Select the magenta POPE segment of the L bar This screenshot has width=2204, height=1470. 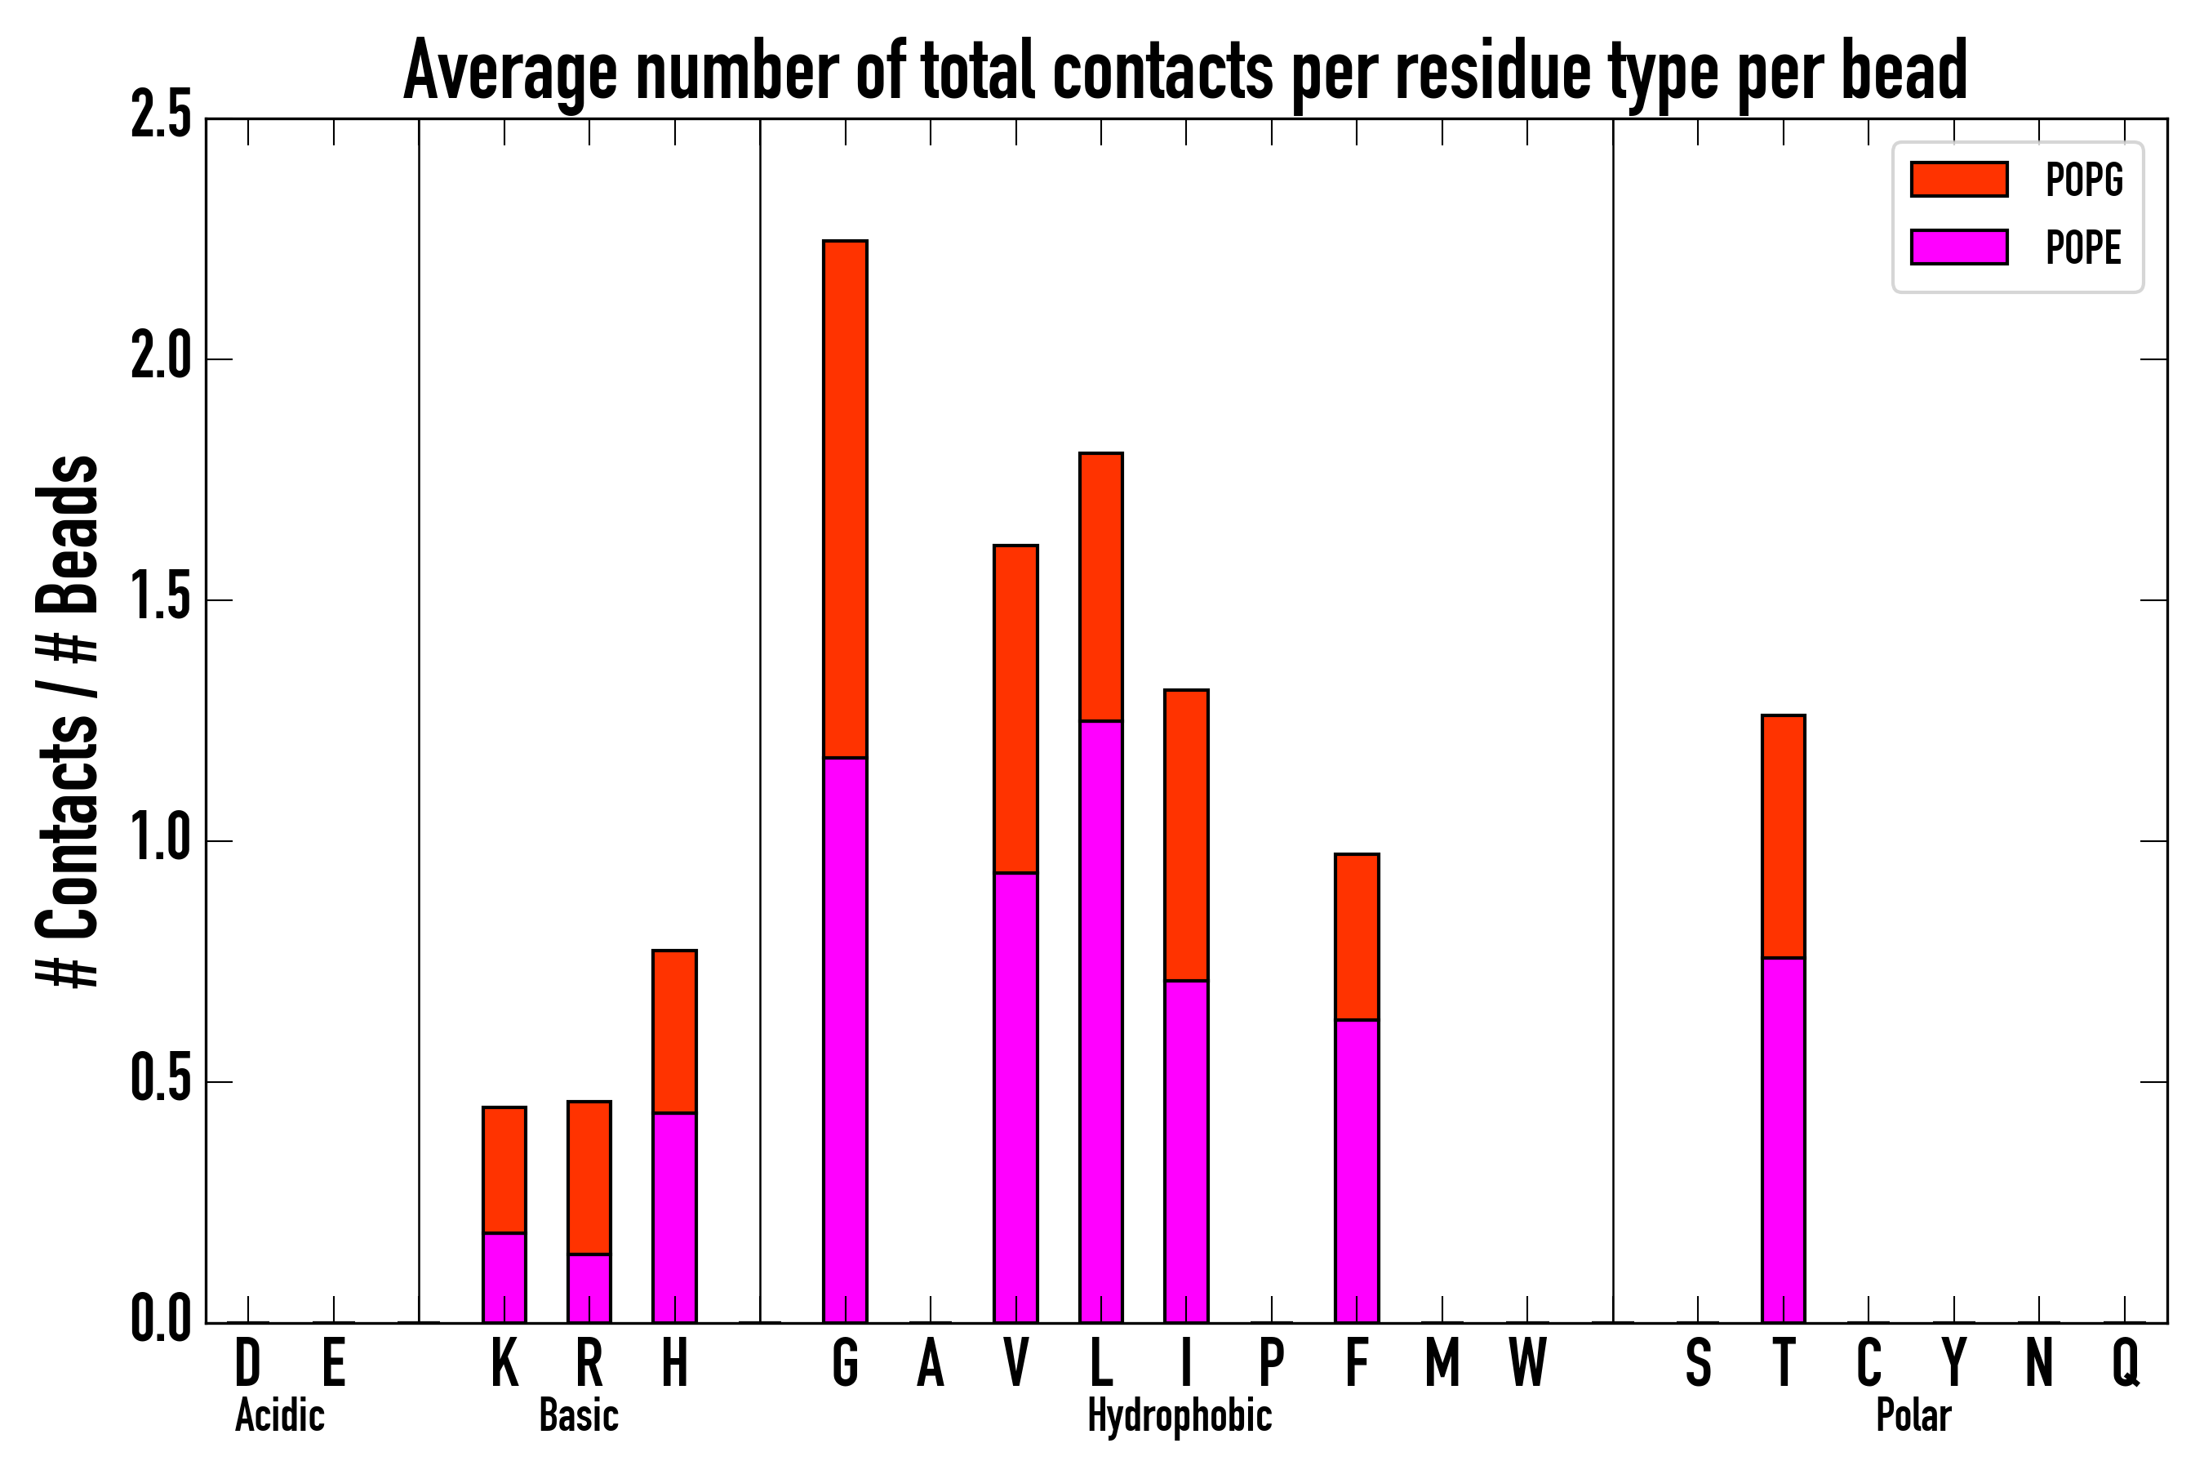click(x=1100, y=1022)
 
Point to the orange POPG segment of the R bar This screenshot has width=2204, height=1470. click(x=589, y=1178)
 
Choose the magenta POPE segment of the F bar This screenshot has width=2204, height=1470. click(x=1356, y=1171)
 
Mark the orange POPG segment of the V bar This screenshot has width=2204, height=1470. click(x=1015, y=709)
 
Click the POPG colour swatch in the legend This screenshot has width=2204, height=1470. click(x=1958, y=179)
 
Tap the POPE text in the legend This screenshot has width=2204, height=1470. click(x=2083, y=247)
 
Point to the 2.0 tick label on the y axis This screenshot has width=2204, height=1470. click(x=160, y=359)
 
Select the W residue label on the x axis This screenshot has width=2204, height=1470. click(x=1526, y=1363)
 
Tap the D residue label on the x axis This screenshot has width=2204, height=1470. click(x=247, y=1363)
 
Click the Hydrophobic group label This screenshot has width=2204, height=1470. click(x=1179, y=1415)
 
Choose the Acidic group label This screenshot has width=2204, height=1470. click(x=279, y=1415)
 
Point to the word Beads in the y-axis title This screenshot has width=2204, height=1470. click(x=68, y=534)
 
